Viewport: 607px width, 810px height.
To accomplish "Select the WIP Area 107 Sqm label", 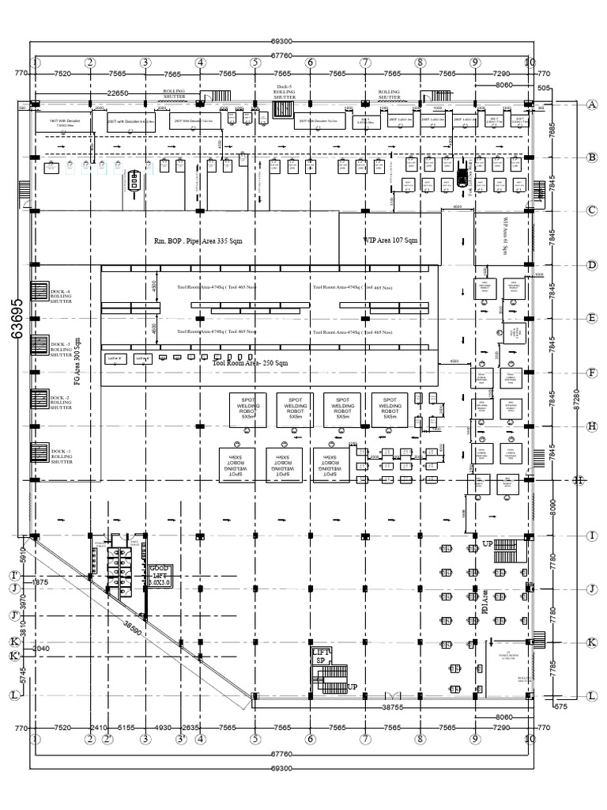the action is tap(390, 240).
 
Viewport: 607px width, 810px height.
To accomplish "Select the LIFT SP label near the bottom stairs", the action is tap(321, 656).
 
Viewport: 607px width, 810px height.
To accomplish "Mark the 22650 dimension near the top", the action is tap(117, 93).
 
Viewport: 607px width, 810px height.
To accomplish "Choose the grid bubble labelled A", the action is tap(591, 104).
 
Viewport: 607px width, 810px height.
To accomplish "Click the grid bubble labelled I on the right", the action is tap(591, 536).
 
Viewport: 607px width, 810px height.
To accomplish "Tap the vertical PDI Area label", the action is tap(484, 601).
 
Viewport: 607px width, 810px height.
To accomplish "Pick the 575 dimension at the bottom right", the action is tap(560, 706).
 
